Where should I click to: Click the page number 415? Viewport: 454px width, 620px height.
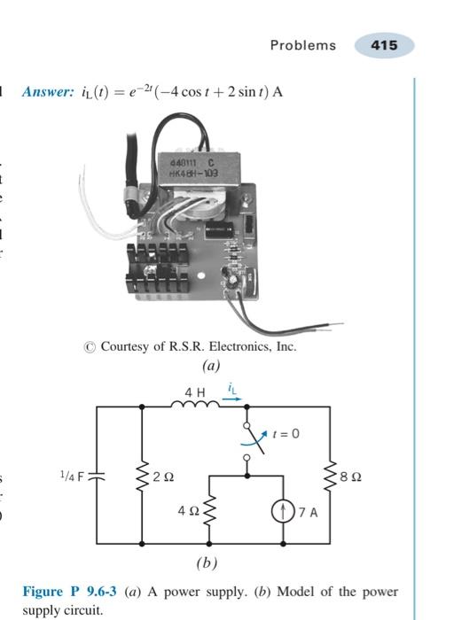[385, 45]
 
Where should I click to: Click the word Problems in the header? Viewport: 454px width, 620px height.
[303, 45]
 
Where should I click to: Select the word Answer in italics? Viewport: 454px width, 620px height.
[48, 92]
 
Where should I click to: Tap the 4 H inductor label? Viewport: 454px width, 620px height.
[195, 392]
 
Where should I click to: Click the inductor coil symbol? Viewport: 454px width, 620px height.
[195, 406]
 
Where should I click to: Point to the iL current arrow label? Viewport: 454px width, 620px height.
[231, 391]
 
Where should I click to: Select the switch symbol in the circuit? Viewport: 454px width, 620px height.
[251, 440]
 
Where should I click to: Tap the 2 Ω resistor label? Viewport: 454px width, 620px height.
[161, 477]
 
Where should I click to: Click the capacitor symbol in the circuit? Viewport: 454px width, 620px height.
[97, 476]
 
